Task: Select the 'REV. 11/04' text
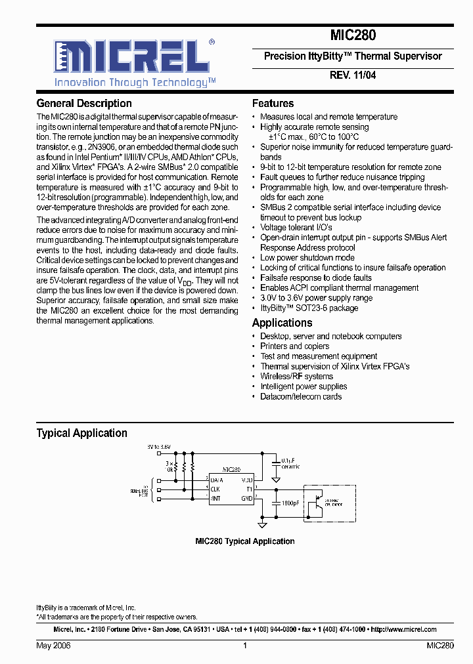coord(352,75)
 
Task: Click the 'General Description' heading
coord(84,104)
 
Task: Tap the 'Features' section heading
coord(273,104)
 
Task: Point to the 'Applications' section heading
coord(282,323)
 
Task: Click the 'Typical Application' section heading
coord(81,433)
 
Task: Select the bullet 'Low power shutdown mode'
coord(307,258)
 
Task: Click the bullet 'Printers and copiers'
coord(294,346)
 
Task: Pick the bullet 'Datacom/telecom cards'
coord(301,396)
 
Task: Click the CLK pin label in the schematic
coord(215,489)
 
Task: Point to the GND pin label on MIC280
coord(247,499)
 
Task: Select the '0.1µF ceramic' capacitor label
coord(290,463)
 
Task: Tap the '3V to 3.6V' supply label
coord(159,446)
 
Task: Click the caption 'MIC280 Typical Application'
coord(244,541)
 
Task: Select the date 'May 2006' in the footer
coord(53,646)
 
